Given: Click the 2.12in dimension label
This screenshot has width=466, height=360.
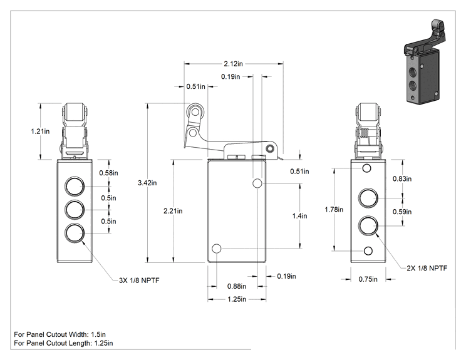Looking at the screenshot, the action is pos(233,64).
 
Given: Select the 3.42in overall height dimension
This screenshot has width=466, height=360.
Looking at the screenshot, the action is pos(147,183).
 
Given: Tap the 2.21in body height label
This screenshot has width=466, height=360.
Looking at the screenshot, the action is pos(173,211).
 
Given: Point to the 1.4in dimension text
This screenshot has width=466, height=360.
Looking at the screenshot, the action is pos(299,216).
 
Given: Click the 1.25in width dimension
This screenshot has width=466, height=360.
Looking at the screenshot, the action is pos(237,299).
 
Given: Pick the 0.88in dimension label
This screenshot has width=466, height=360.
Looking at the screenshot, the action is pos(237,286).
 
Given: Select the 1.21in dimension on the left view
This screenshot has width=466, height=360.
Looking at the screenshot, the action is pos(41,131).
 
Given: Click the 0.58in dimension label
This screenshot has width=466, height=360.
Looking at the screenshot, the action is pos(108,173).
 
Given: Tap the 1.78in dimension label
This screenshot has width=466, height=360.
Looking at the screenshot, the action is pos(334,210).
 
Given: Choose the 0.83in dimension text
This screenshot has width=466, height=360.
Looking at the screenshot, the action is pos(402,179).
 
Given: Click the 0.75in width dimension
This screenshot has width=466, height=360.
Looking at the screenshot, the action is pos(368,279).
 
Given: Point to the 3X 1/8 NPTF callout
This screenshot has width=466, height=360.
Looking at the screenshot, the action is pos(139,280).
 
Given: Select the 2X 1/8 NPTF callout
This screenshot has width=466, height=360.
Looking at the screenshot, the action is pos(427,268).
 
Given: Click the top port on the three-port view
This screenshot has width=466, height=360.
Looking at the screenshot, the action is pos(75,186).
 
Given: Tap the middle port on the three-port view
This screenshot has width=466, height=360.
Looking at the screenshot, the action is pos(75,210).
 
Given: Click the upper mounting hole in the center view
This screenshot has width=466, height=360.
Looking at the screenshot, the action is pos(257,183).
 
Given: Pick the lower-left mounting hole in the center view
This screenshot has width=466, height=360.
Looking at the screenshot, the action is pos(217,249).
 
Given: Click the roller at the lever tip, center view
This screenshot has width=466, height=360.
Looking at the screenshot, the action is pos(195,112).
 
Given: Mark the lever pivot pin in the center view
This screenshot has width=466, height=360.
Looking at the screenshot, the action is pos(270,148).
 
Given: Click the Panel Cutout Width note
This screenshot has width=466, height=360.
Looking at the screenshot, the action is pos(60,334).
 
